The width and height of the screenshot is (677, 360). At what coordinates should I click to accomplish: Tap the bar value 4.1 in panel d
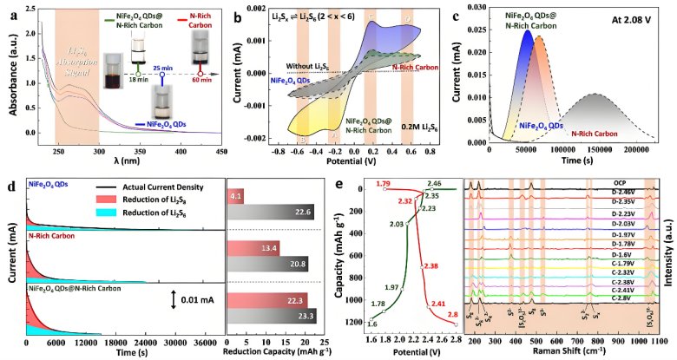tap(236, 196)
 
